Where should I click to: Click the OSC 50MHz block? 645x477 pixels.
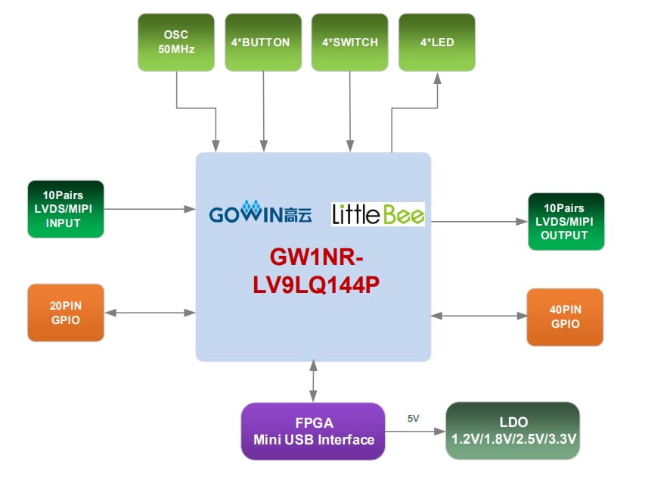click(x=175, y=42)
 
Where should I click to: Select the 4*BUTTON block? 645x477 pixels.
click(x=263, y=42)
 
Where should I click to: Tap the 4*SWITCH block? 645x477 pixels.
click(x=349, y=42)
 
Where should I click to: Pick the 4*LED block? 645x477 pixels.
click(x=437, y=42)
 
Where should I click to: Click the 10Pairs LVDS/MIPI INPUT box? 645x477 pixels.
click(x=66, y=208)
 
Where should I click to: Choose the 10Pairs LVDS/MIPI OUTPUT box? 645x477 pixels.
click(x=566, y=222)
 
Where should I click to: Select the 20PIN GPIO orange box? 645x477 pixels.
click(x=66, y=312)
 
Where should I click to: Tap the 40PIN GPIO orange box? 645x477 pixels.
click(x=566, y=316)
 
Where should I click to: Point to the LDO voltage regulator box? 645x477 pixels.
click(x=513, y=431)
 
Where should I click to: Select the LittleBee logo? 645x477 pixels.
click(x=378, y=214)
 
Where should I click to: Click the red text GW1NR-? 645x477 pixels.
click(x=313, y=259)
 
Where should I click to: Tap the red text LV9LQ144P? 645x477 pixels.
click(x=313, y=286)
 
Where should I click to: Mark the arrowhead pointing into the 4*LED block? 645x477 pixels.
click(x=437, y=77)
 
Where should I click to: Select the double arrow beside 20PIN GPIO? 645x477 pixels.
click(x=150, y=312)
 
